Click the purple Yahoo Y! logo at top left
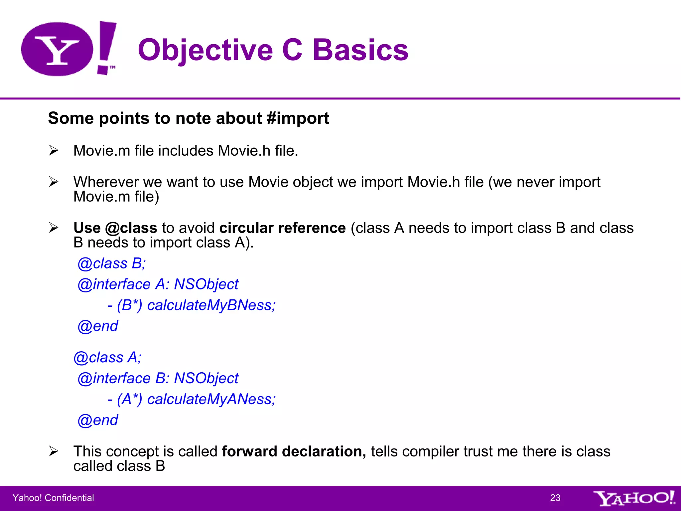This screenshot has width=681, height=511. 68,49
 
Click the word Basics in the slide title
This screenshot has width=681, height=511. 360,50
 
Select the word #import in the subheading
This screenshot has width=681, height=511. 298,118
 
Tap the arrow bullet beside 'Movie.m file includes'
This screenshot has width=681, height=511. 54,151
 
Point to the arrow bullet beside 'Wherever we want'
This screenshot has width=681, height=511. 54,182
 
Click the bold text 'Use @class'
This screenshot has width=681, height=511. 115,228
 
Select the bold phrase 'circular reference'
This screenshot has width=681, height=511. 282,228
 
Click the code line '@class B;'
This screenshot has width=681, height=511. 111,263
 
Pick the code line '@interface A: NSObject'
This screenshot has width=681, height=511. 158,284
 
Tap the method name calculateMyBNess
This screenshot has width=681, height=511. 211,305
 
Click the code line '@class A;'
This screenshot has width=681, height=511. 107,358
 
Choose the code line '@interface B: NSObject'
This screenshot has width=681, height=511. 158,379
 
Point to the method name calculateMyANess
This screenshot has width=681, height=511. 211,399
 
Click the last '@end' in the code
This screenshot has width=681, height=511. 98,420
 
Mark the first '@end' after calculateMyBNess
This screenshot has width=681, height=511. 98,326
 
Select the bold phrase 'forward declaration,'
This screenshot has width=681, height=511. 294,451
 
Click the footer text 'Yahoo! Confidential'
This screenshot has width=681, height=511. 53,498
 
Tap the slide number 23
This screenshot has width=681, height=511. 555,498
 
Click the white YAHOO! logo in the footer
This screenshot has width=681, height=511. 634,498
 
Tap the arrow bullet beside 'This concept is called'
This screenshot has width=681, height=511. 54,451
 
